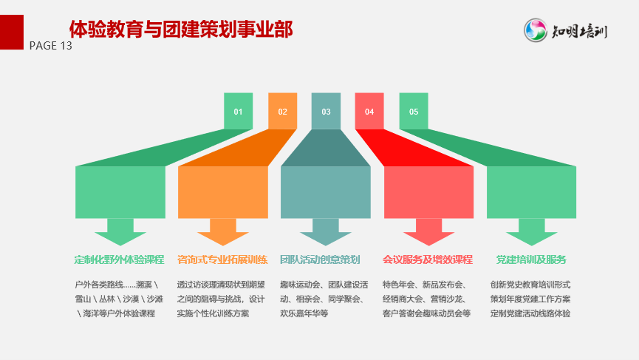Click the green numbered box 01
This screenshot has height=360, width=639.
tap(238, 111)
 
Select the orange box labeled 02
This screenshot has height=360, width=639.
tap(282, 111)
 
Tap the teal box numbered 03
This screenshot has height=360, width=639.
tap(326, 111)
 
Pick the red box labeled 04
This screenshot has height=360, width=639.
tap(369, 111)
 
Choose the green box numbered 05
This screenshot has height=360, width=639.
tap(414, 111)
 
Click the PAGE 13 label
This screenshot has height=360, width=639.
tap(50, 46)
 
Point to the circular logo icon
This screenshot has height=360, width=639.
tap(535, 30)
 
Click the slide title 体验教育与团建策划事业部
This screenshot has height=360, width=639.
tap(181, 30)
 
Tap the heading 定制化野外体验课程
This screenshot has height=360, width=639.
tap(119, 259)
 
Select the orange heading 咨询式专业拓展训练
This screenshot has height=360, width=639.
tap(222, 259)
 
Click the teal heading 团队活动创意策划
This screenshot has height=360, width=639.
tap(320, 259)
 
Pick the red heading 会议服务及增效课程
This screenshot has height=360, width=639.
tap(428, 259)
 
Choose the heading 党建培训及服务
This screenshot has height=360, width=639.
tap(531, 259)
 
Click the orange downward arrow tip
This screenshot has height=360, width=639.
tap(223, 245)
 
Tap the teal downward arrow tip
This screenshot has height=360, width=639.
tap(326, 245)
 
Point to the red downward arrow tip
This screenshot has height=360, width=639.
tap(428, 245)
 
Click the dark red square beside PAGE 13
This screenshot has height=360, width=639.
tap(11, 33)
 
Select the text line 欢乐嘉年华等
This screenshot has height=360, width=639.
tap(304, 313)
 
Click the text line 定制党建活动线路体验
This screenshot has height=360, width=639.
tap(530, 313)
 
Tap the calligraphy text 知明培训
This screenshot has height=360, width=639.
tap(579, 31)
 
